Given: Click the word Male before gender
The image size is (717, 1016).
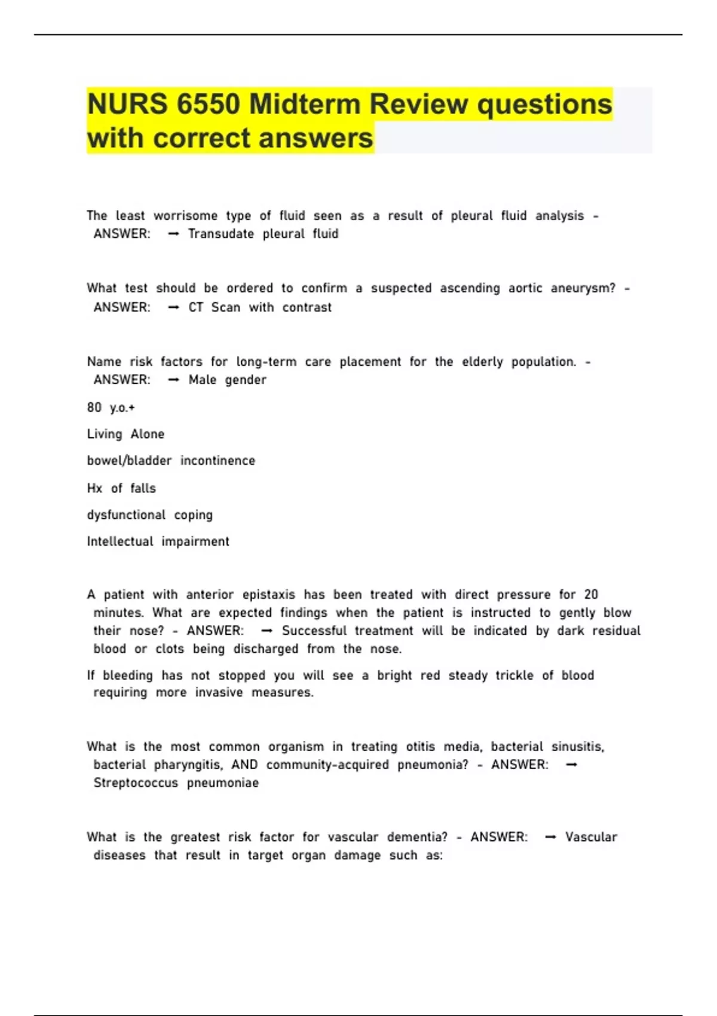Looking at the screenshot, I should (202, 380).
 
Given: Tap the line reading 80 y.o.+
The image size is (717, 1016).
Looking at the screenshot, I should (111, 408).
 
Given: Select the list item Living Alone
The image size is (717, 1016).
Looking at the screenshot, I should (125, 434).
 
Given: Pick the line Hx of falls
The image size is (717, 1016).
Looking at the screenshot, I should (121, 488).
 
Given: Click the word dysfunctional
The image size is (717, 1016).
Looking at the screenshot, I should (126, 515).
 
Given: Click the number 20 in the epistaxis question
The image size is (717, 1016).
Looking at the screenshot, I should (591, 595).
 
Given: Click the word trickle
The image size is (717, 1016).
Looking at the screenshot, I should (514, 675).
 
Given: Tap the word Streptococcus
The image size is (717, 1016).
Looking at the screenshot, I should (136, 783).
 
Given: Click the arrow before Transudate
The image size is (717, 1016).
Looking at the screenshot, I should (174, 234).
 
